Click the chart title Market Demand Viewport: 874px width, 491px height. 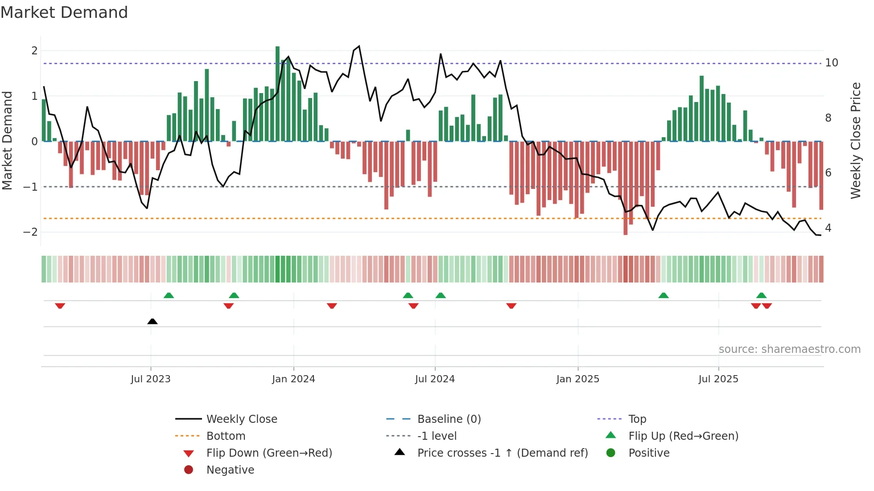64,12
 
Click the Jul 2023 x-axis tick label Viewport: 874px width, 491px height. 150,379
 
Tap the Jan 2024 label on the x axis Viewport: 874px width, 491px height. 293,379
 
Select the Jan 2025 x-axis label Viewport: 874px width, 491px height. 577,379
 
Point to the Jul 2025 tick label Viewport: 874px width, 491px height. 718,379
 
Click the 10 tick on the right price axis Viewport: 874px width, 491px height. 831,63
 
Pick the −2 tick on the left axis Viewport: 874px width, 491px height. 30,232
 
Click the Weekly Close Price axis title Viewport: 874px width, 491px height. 855,140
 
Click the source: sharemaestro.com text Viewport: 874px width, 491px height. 789,349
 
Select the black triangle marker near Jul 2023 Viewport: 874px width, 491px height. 153,321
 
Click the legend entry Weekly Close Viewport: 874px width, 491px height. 241,419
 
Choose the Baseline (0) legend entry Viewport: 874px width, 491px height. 449,419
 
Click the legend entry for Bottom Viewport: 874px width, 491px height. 226,436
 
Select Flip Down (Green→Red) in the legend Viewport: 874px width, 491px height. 269,453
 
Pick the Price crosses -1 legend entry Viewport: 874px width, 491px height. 502,453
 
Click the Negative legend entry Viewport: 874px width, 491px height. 230,470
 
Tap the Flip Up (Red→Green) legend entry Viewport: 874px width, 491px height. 683,436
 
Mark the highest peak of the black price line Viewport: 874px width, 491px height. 359,46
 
